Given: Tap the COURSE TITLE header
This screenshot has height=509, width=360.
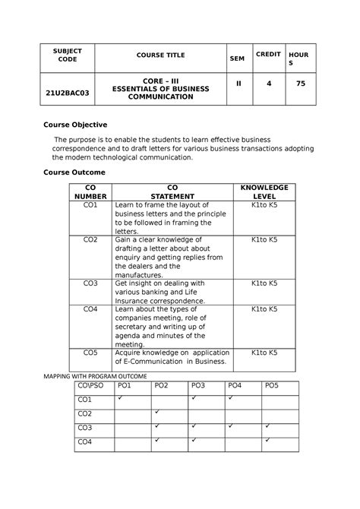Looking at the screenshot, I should pyautogui.click(x=161, y=55).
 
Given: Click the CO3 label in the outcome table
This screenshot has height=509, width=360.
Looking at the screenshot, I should pyautogui.click(x=90, y=283).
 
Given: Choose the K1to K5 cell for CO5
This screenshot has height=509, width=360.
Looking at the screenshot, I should pyautogui.click(x=264, y=353).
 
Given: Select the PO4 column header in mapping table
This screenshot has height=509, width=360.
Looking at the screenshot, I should pyautogui.click(x=235, y=387).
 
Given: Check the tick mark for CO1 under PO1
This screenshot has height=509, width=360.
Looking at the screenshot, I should pyautogui.click(x=120, y=398).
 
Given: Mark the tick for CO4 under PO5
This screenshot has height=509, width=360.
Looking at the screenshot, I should pyautogui.click(x=267, y=440).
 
